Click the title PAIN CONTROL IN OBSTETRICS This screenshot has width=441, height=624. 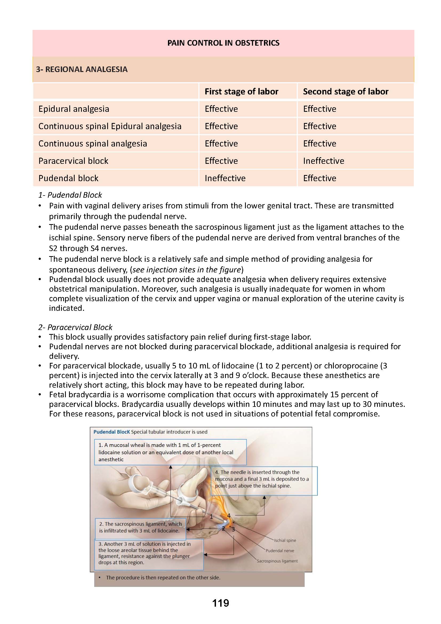[x=223, y=43]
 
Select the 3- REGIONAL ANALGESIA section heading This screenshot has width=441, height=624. [x=82, y=69]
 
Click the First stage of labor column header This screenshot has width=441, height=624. [x=241, y=92]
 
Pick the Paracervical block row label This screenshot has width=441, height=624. [x=73, y=161]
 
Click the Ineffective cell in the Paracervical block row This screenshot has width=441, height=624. [x=323, y=161]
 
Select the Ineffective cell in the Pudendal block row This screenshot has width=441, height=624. [x=225, y=178]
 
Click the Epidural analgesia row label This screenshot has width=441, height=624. [x=74, y=109]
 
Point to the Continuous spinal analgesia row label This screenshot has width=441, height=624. [x=93, y=144]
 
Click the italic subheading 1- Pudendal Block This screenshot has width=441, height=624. [x=70, y=195]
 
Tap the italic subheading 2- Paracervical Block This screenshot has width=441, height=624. [x=75, y=327]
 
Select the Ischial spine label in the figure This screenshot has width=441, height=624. [x=285, y=540]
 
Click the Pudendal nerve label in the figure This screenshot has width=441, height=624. [x=280, y=551]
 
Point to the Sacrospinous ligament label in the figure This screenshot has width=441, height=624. [x=277, y=561]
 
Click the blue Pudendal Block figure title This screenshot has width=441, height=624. [x=112, y=432]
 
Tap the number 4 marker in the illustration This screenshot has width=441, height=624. [x=229, y=516]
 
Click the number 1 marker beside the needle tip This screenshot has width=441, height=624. [x=211, y=517]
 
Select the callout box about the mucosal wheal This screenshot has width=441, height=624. [x=170, y=452]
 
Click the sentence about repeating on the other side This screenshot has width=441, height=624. [x=163, y=578]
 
